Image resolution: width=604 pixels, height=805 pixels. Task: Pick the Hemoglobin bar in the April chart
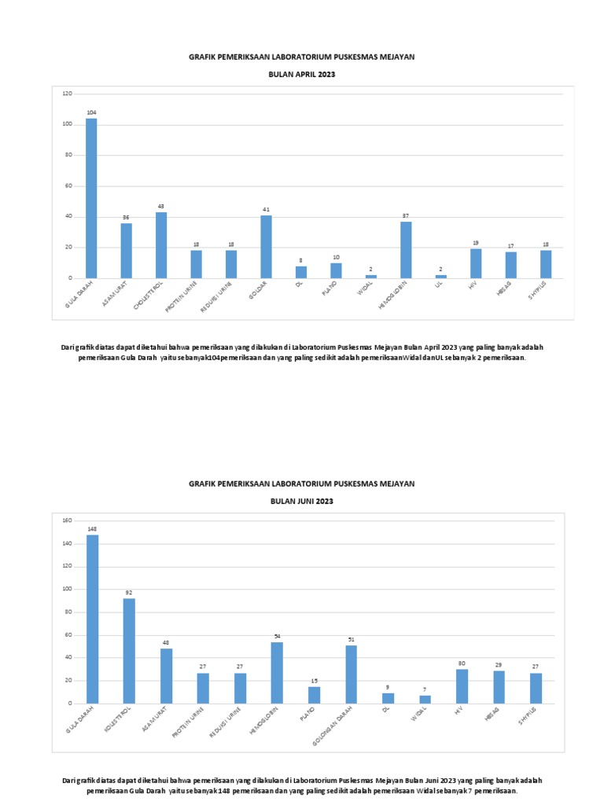(406, 250)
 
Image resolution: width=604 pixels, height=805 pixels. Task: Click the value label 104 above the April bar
(91, 113)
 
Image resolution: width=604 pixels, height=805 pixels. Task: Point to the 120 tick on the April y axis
(67, 94)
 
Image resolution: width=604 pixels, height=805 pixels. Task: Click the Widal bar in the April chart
(370, 277)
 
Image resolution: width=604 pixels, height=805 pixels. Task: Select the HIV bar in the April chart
(476, 263)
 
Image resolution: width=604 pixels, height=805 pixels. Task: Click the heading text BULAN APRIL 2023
(302, 75)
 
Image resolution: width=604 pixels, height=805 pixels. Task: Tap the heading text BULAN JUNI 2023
(302, 502)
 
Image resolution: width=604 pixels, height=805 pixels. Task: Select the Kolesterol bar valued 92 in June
(129, 651)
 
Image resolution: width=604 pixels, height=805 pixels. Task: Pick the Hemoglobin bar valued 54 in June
(277, 672)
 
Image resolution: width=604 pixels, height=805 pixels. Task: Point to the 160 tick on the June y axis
(67, 520)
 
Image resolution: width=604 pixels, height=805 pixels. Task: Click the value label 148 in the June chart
(92, 529)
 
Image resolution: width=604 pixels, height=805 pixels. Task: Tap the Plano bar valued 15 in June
(314, 695)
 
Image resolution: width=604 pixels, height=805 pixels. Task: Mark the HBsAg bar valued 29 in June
(499, 686)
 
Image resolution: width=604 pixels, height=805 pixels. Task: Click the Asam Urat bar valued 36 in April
(126, 251)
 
